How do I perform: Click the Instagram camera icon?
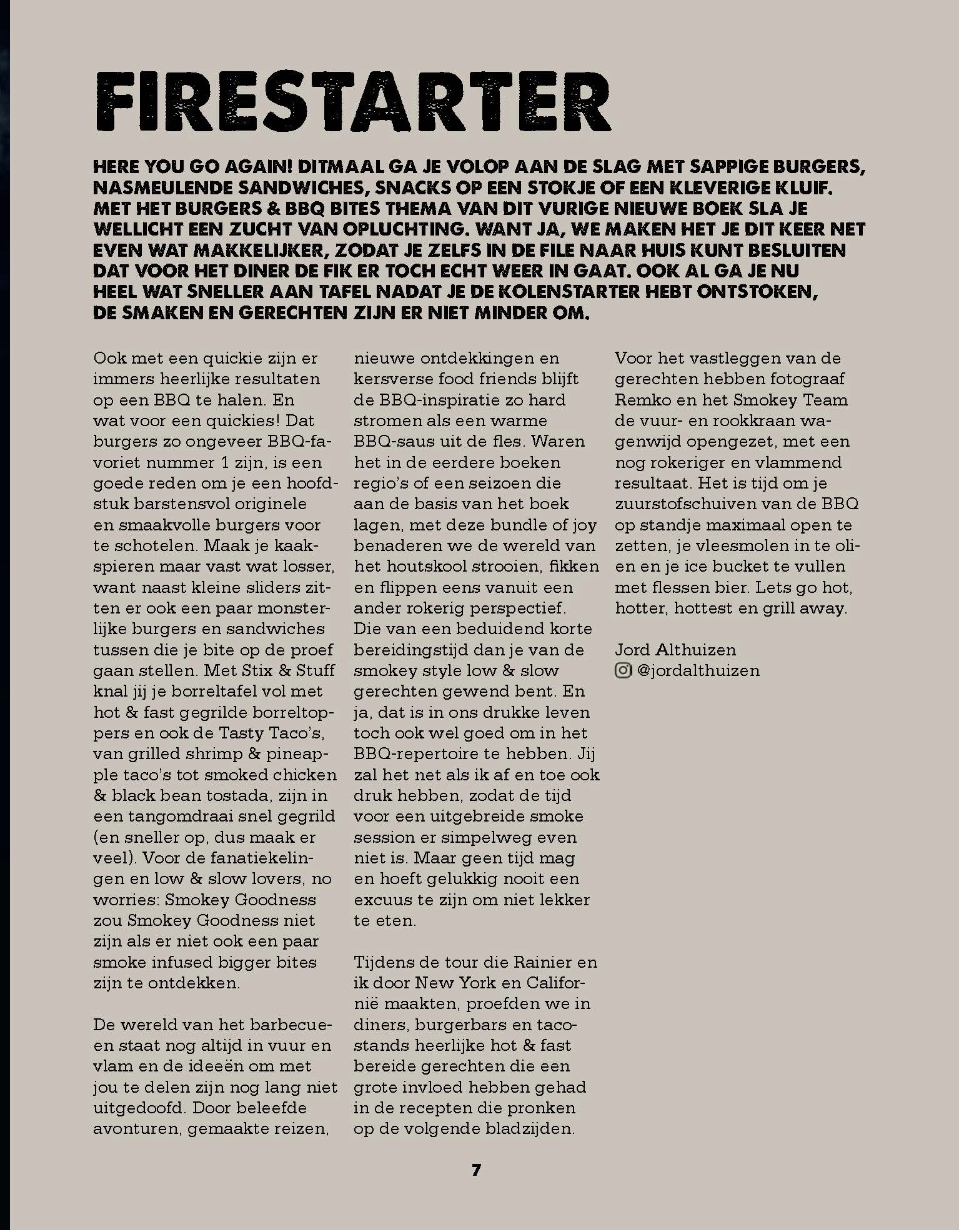[623, 670]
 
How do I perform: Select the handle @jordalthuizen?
[698, 670]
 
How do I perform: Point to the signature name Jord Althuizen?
[675, 650]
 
